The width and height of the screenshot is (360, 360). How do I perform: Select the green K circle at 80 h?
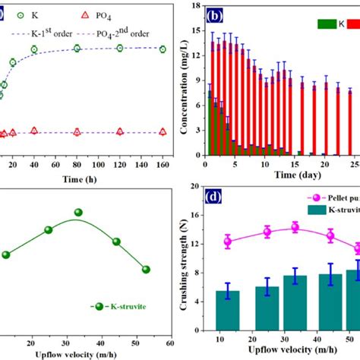coord(77,49)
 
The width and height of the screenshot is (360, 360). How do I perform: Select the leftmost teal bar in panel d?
coord(228,315)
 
